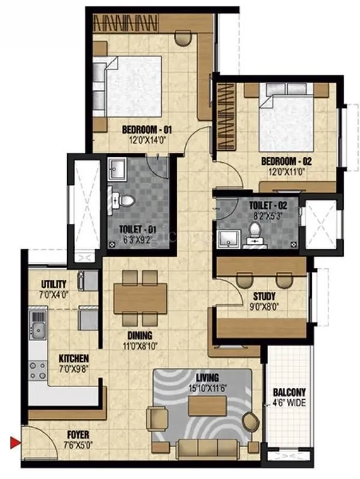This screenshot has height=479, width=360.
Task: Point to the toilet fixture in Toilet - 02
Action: point(255,231)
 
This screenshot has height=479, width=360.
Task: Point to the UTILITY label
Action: point(53,284)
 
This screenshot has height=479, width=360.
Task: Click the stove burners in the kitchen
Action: point(38,370)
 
